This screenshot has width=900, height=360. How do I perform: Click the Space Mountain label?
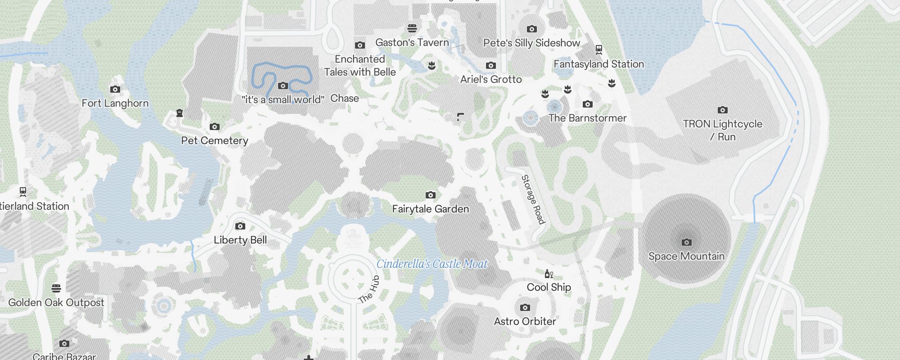coord(686,256)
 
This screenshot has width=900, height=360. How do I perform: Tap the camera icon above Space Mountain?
coord(686,243)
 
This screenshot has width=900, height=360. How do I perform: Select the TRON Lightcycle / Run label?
coord(722,130)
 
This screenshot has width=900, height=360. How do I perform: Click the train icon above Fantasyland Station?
coord(599,49)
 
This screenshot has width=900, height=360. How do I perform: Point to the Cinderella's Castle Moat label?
coord(432,264)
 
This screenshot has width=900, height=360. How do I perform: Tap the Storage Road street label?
coord(533,199)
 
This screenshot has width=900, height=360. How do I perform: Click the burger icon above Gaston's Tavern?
coord(412,29)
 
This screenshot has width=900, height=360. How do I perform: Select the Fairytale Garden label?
coord(430,209)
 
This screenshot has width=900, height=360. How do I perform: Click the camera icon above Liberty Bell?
coord(240,226)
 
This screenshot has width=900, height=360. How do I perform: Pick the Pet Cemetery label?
coord(215,141)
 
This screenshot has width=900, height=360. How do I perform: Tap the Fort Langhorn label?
coord(115,103)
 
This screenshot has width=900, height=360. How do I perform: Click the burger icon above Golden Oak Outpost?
coord(56,288)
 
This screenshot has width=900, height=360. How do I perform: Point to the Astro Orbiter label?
coord(525,322)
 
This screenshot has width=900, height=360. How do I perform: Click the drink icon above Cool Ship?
coord(549,274)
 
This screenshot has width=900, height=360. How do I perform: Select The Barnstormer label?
coord(587,118)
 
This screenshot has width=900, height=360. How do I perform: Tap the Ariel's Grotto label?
coord(491,80)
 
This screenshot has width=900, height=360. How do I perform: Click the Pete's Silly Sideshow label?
coord(531,43)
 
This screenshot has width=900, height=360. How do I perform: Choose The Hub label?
coord(369,289)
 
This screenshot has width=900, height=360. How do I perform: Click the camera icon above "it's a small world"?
coord(283,86)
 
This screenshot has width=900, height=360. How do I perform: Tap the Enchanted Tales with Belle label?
coord(360,66)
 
